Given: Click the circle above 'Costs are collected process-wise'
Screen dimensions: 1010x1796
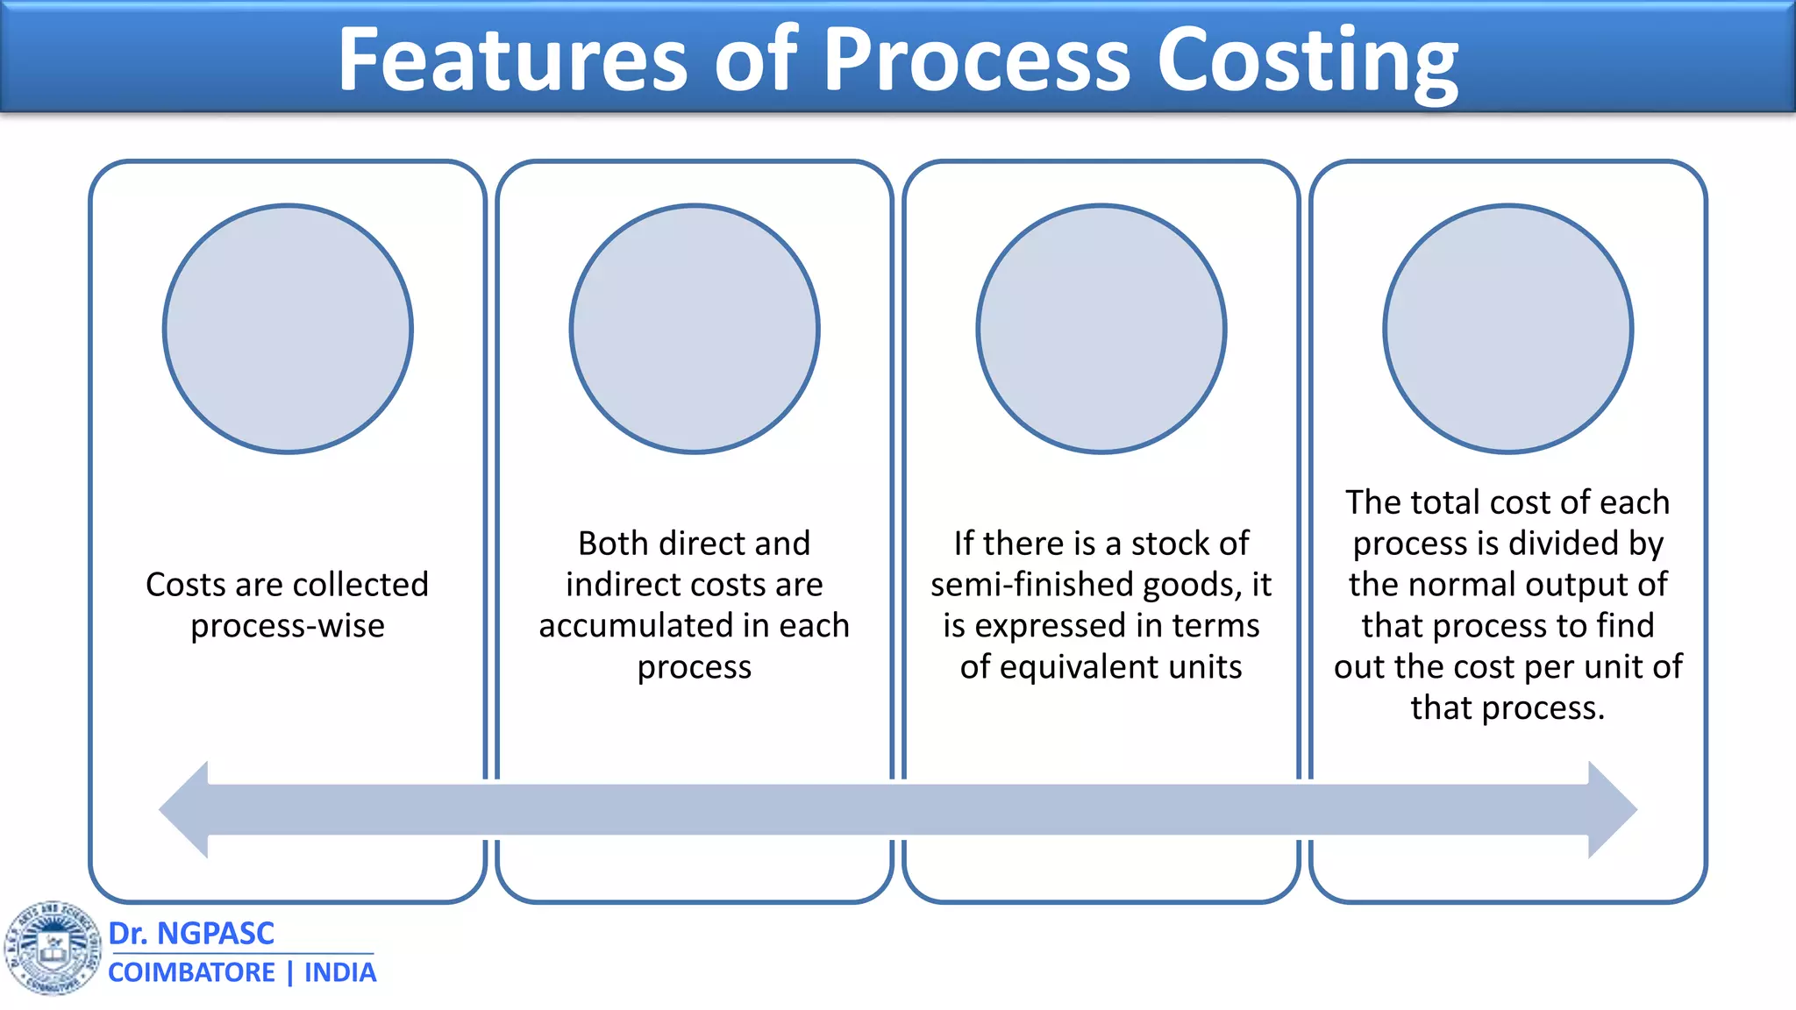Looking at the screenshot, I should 288,329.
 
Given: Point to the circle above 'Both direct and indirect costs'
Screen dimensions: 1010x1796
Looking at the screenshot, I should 695,329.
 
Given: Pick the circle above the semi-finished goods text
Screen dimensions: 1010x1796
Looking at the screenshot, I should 1101,329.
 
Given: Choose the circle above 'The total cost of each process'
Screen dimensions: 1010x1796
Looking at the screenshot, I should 1508,329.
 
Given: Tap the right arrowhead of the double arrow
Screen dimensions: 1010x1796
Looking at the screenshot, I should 1612,809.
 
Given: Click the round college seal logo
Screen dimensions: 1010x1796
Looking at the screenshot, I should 53,948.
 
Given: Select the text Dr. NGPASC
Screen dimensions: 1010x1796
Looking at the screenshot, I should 191,934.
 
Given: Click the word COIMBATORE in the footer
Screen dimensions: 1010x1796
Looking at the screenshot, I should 191,972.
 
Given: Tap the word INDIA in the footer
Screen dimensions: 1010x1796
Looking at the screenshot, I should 340,972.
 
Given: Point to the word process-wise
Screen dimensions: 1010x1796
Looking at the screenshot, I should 288,626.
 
